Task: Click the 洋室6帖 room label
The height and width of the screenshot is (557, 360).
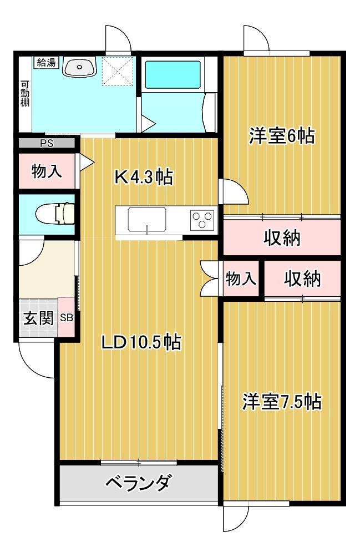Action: [x=282, y=136]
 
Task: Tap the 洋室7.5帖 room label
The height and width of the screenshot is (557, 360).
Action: [x=282, y=402]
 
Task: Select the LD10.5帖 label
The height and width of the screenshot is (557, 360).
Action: [x=141, y=342]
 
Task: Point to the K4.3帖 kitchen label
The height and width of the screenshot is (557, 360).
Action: [x=144, y=176]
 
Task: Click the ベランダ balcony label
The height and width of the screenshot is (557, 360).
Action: [x=139, y=483]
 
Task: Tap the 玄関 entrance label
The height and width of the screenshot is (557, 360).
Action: [x=38, y=318]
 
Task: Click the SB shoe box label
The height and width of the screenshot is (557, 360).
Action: [x=67, y=317]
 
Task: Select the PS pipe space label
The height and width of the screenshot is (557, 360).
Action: [x=47, y=144]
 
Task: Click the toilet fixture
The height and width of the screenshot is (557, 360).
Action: [x=55, y=214]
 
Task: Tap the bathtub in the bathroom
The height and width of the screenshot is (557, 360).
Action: [x=173, y=74]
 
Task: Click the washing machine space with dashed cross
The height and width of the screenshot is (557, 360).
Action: [x=119, y=70]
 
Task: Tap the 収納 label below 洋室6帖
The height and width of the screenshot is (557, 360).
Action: [x=282, y=237]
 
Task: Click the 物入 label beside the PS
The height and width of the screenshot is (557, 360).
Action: [x=47, y=171]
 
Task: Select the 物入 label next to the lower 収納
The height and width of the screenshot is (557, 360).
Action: [x=241, y=278]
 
